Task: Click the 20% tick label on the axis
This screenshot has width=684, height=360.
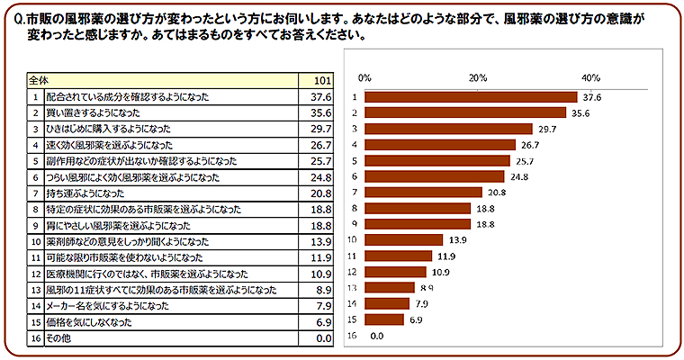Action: pos(478,76)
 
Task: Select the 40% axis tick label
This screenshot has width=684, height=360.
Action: pos(590,76)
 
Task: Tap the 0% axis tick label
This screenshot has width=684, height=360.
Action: pos(364,76)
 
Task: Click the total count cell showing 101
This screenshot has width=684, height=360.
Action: pos(323,79)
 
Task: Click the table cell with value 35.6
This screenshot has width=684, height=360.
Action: pos(322,112)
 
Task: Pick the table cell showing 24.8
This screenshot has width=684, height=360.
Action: pos(322,176)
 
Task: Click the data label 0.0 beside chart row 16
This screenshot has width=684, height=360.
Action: pos(377,336)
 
